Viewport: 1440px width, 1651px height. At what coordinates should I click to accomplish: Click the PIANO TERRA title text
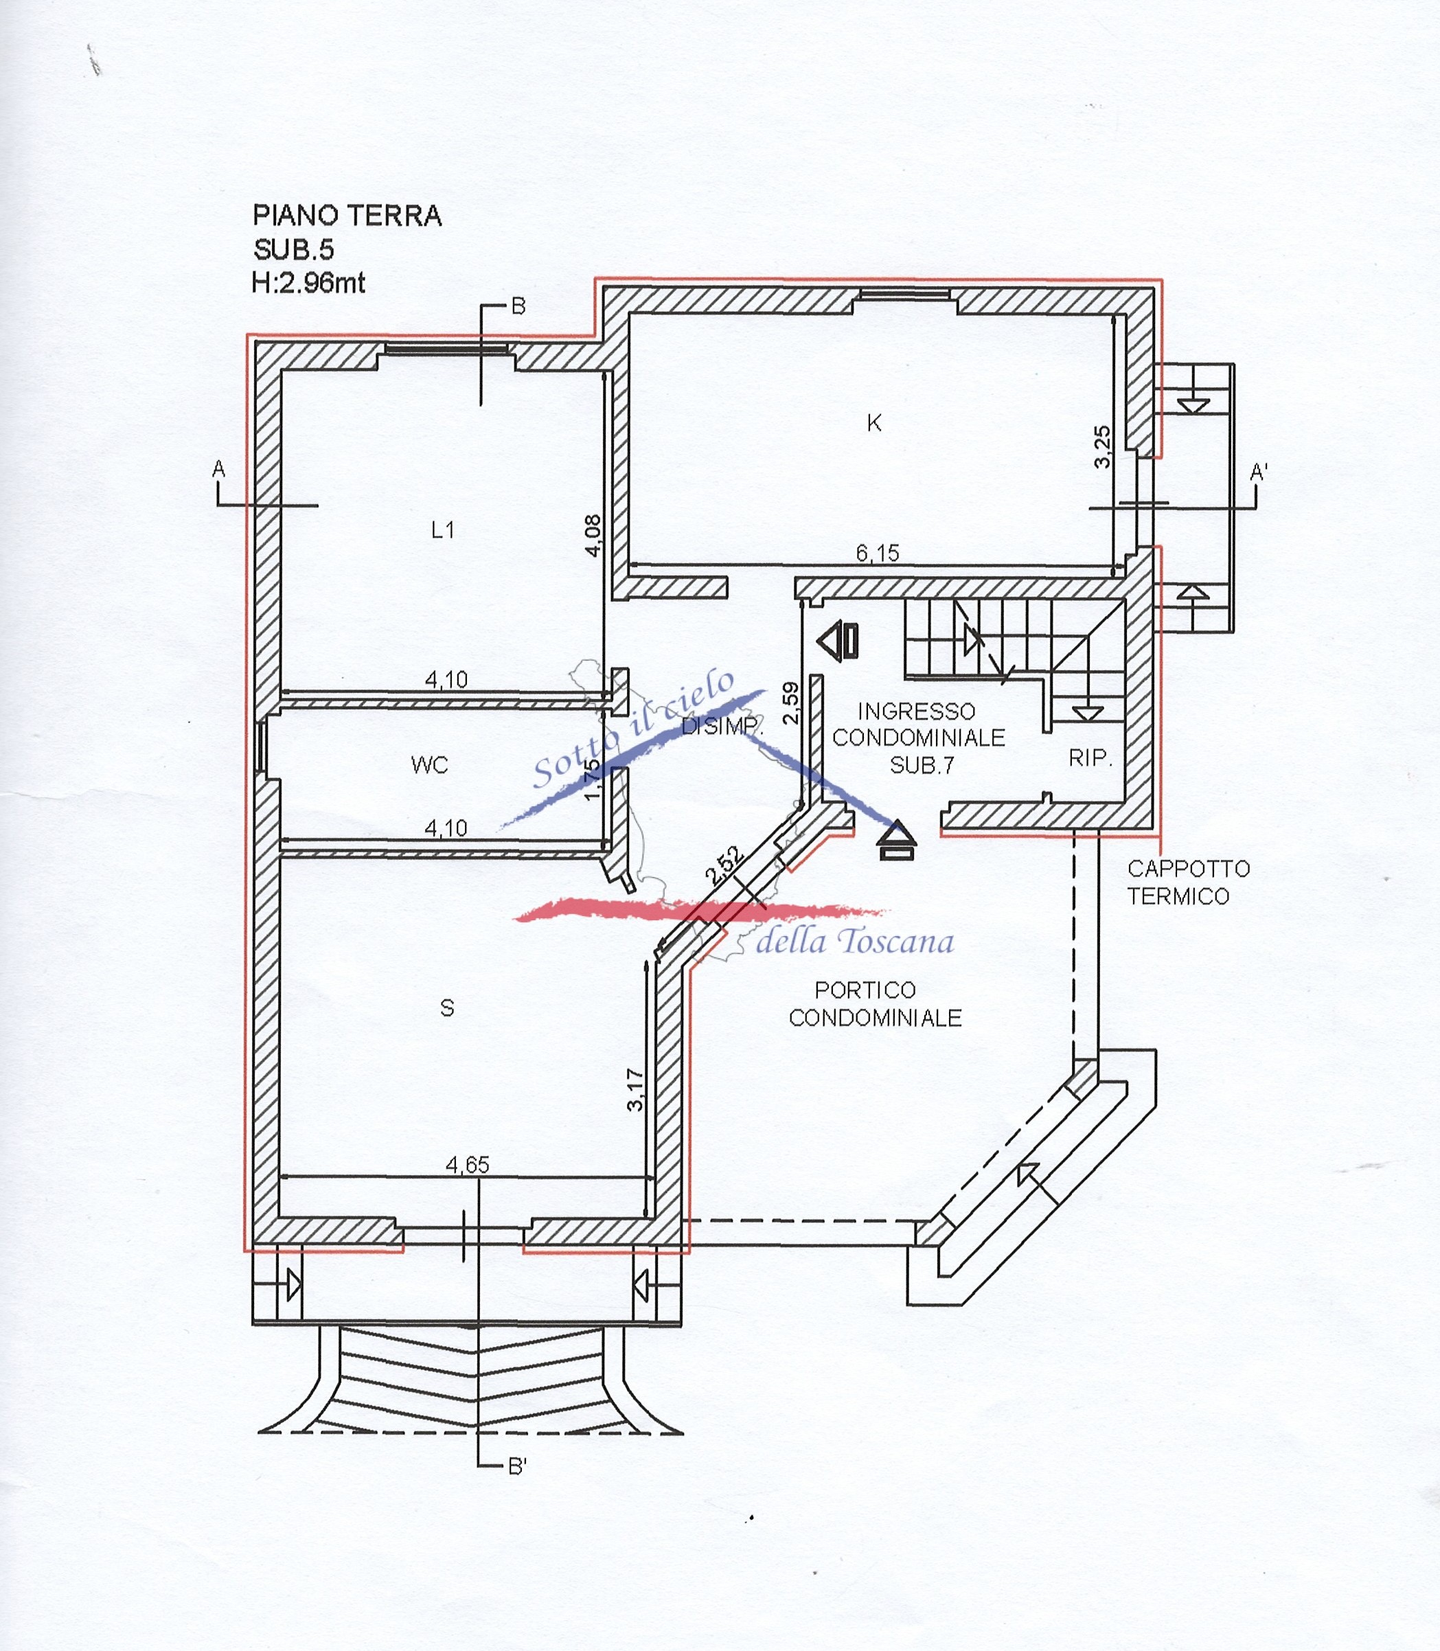(347, 216)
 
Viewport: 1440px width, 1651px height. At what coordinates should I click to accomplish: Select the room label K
(874, 423)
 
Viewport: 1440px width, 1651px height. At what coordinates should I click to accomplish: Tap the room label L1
(443, 530)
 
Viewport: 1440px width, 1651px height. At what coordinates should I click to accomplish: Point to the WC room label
(429, 764)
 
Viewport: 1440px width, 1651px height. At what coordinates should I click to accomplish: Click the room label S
(448, 1007)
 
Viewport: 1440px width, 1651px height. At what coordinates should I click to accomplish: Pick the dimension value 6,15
(878, 553)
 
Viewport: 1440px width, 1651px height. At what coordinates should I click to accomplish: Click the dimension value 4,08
(593, 535)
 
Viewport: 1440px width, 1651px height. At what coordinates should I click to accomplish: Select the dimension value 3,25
(1103, 446)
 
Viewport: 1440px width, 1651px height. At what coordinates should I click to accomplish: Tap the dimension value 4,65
(468, 1165)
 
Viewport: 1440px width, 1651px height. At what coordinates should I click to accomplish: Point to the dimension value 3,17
(635, 1089)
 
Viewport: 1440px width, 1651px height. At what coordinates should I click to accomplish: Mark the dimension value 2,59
(792, 703)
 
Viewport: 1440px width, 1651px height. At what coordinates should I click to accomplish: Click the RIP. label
(1090, 758)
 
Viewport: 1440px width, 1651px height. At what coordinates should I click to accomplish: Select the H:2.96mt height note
(308, 283)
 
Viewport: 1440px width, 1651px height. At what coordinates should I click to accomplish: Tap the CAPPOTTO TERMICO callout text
(1188, 883)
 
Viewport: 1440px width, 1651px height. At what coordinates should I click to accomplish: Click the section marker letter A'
(1259, 472)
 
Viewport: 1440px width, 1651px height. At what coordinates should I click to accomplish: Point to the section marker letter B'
(518, 1467)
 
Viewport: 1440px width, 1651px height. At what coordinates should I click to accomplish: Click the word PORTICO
(865, 990)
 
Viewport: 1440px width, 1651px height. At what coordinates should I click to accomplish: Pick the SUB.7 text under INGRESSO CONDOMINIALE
(922, 764)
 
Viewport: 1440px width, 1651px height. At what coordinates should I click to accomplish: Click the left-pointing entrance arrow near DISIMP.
(838, 641)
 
